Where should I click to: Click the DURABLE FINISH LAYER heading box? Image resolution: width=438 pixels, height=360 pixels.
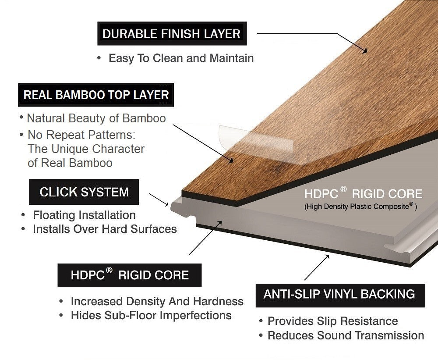click(171, 34)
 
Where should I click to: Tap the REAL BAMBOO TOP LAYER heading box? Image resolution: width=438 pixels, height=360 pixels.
click(96, 95)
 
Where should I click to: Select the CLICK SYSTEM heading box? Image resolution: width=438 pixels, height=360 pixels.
click(84, 192)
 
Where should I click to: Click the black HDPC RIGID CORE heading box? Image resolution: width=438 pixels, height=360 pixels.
click(130, 275)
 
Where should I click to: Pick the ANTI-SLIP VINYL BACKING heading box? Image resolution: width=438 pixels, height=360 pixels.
click(339, 294)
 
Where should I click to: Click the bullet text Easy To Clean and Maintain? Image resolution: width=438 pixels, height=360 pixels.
click(181, 58)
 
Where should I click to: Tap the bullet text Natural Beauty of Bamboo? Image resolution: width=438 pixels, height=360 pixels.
click(96, 118)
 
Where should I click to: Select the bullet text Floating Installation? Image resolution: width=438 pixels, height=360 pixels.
click(84, 215)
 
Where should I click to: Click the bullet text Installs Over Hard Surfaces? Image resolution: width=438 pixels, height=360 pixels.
click(105, 229)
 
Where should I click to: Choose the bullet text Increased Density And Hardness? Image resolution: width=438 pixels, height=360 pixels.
click(157, 302)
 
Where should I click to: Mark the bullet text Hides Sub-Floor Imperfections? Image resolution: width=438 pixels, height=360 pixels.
click(151, 315)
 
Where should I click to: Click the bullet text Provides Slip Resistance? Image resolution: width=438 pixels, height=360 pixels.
click(332, 321)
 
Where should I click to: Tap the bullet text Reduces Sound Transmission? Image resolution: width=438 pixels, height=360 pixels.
click(346, 336)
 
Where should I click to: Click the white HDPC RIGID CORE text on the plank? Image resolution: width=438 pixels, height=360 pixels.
click(363, 194)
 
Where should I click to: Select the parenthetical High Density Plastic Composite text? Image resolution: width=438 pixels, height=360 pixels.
click(360, 206)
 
